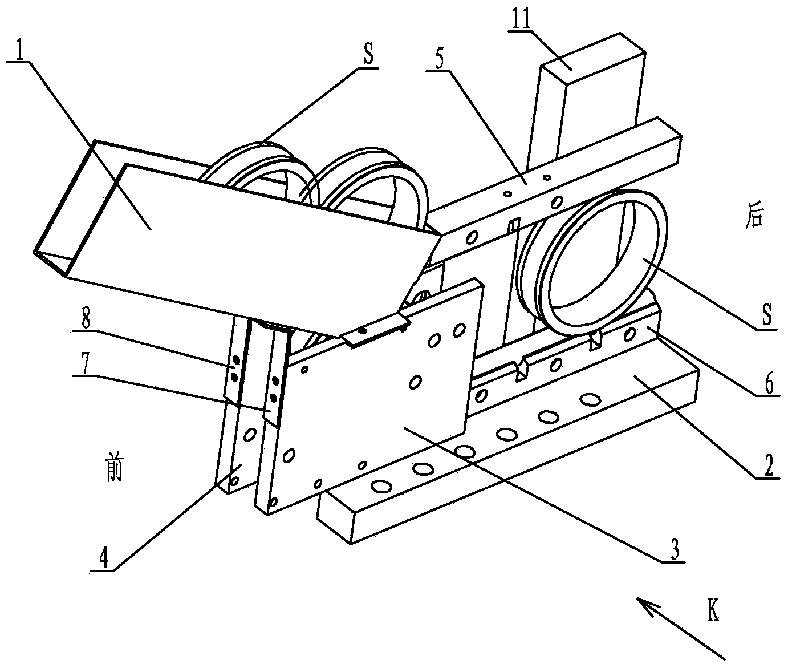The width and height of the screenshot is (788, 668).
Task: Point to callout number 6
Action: tap(769, 384)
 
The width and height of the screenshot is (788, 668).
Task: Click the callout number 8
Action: tap(86, 319)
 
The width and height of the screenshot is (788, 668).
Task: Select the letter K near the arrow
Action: tap(713, 611)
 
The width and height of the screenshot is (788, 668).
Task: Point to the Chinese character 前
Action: tap(114, 471)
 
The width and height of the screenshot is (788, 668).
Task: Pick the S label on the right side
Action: tap(768, 314)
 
